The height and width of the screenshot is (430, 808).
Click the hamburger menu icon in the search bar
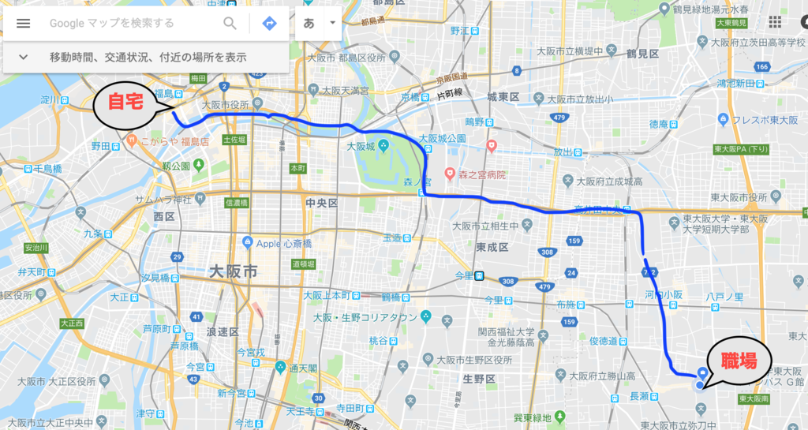point(23,23)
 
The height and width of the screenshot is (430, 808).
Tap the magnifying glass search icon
point(230,23)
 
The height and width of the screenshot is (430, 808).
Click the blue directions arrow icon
point(269,23)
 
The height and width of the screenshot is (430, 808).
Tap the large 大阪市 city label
point(233,271)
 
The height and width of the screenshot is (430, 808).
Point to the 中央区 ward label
point(321,203)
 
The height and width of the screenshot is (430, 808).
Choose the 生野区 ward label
point(479,379)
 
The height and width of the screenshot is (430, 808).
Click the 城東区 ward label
point(502,96)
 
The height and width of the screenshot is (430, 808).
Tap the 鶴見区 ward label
point(642,54)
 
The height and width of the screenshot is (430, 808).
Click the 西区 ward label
point(164,215)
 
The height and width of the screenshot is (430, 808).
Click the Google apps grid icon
point(775,22)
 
